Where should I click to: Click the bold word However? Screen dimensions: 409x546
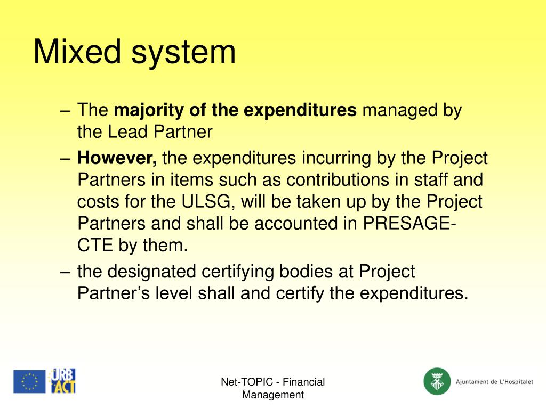point(117,158)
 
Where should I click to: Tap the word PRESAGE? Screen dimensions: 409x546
point(406,224)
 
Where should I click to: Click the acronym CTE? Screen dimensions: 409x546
point(94,246)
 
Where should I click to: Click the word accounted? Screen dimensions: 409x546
point(280,224)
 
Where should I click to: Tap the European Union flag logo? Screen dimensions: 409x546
point(29,382)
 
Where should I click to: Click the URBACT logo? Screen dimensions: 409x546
point(63,381)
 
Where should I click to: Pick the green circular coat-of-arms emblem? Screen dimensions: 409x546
point(437,382)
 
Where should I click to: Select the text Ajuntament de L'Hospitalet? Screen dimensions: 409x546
point(494,382)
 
